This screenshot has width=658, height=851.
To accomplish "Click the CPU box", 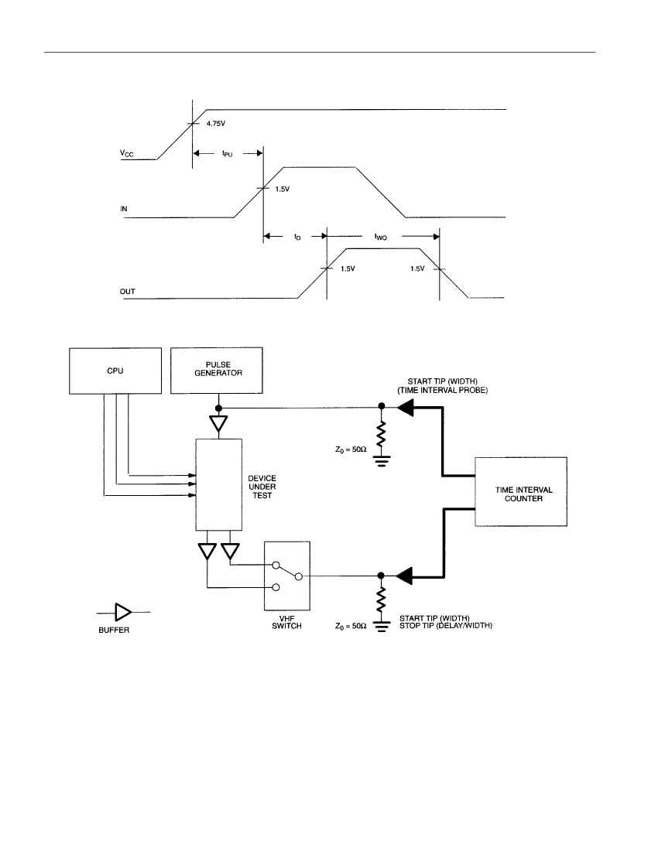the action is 115,371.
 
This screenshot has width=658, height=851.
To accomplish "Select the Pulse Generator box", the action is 217,370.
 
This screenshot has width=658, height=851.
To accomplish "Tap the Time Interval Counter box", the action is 521,492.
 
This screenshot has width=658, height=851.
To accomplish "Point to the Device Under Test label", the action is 262,487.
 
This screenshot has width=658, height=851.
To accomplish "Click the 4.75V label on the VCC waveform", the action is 216,124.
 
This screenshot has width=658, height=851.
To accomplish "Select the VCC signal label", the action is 126,154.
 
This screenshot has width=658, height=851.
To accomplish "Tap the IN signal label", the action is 124,208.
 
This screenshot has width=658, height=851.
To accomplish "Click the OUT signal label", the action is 128,292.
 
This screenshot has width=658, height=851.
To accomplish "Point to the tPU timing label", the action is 227,154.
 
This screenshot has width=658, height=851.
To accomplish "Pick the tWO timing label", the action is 381,237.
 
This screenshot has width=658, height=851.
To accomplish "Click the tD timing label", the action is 297,238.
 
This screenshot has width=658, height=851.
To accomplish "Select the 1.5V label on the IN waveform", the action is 283,190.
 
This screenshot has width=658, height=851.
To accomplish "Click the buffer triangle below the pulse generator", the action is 218,423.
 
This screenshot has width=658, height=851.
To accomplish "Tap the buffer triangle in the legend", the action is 122,612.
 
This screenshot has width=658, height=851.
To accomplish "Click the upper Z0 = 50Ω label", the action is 351,449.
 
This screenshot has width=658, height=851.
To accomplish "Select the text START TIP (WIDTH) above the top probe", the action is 443,381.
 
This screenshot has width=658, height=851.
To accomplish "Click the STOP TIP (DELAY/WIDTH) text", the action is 446,626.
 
